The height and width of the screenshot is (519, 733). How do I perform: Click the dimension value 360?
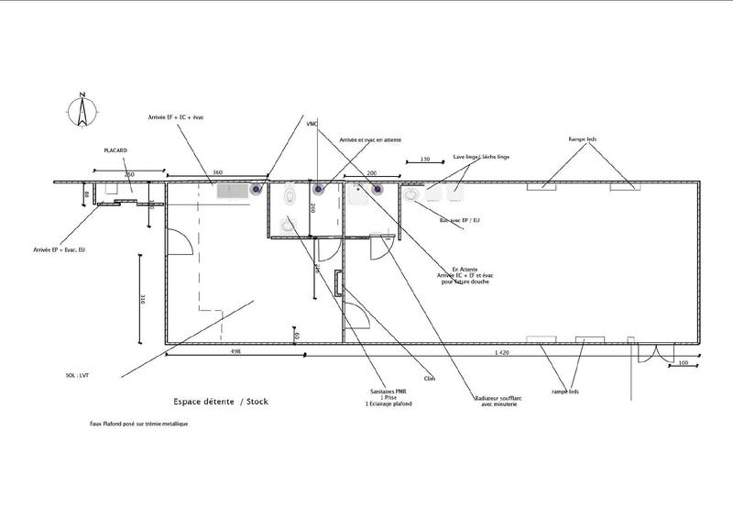pos(217,172)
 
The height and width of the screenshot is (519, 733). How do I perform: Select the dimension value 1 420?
pos(502,352)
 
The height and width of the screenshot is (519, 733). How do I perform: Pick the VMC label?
pos(311,124)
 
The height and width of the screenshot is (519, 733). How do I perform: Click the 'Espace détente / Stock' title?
pos(222,401)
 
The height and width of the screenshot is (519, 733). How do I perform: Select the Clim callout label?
pos(429,378)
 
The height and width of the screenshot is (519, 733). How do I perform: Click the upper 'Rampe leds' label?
pos(583,140)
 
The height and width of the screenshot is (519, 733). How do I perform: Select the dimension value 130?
pos(425,160)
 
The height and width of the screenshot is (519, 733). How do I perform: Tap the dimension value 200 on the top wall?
pos(371,172)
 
